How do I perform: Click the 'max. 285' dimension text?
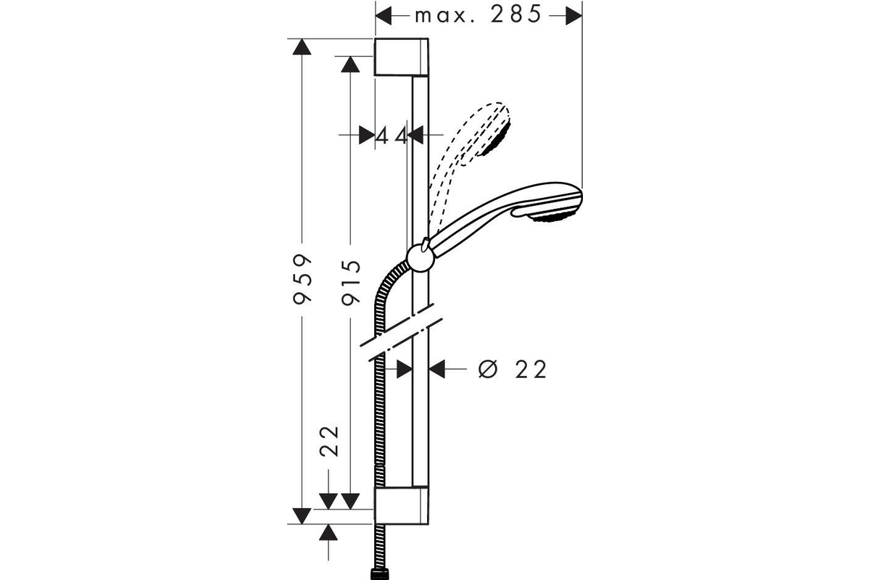click(x=478, y=15)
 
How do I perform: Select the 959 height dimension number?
click(x=302, y=278)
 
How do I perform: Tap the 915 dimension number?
click(x=351, y=282)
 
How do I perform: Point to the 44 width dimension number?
click(x=391, y=136)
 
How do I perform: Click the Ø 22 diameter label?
click(x=513, y=369)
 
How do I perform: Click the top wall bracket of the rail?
click(x=401, y=57)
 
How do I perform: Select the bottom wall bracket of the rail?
click(x=401, y=505)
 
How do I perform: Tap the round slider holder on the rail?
click(x=420, y=257)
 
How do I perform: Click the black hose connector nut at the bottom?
click(x=379, y=574)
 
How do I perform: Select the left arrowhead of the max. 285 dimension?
click(x=384, y=15)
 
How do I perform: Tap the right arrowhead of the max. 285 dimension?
click(x=574, y=15)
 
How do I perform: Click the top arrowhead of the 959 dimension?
click(x=302, y=46)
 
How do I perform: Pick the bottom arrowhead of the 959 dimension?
click(x=302, y=516)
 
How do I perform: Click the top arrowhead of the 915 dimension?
click(x=351, y=64)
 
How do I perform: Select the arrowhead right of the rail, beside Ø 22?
click(x=436, y=369)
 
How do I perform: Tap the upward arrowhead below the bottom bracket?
click(x=329, y=532)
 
